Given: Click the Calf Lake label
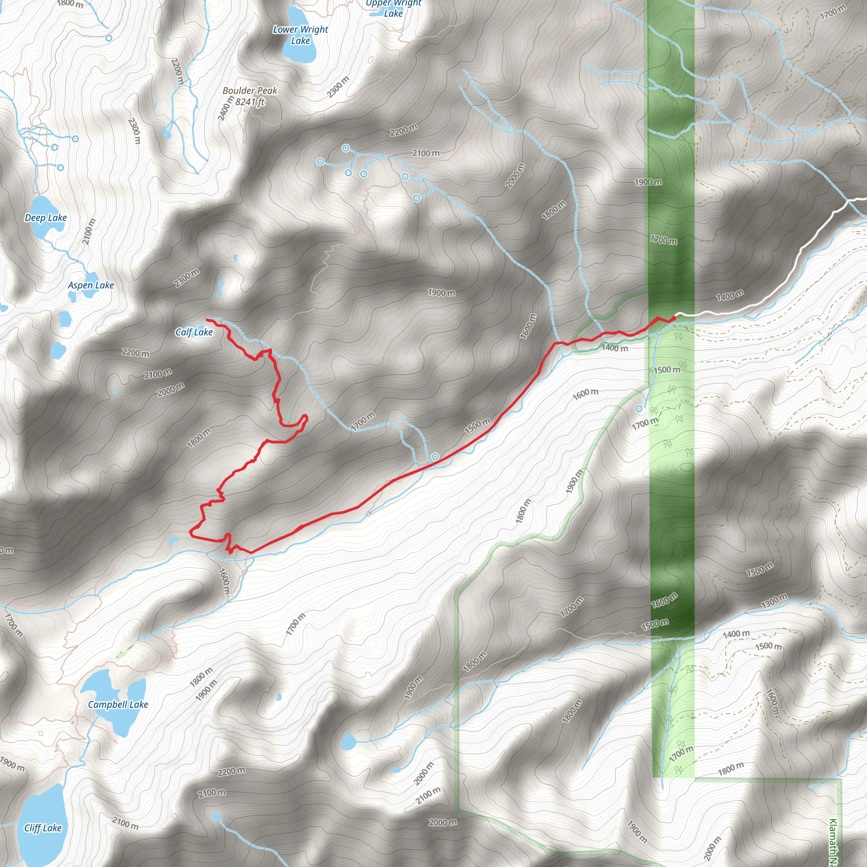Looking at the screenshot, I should click(194, 332).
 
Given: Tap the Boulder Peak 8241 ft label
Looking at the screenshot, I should click(250, 97).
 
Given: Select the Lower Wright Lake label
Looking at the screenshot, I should click(301, 35).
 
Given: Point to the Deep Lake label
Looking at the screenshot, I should click(45, 218).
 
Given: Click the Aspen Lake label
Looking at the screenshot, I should click(91, 285).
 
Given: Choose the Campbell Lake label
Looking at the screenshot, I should click(118, 704).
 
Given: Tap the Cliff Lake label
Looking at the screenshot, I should click(43, 828).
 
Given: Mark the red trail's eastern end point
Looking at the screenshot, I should click(674, 318).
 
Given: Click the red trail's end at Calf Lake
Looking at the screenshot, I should click(207, 320).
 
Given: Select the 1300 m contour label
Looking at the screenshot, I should click(774, 600).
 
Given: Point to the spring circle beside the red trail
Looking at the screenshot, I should click(435, 457).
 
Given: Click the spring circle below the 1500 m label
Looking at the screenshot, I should click(638, 409).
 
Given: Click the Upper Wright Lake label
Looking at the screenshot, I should click(393, 8).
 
